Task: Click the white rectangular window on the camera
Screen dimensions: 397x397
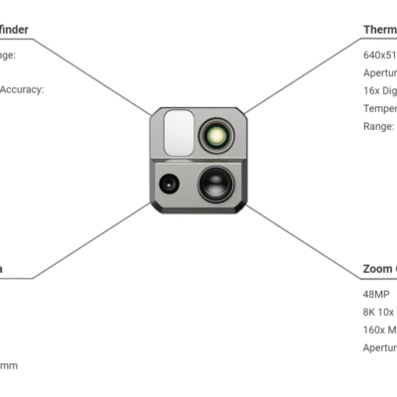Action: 179,131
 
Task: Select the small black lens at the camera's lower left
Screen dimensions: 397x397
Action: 168,184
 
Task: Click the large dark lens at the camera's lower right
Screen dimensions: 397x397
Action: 215,183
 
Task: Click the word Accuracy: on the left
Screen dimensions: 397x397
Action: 21,89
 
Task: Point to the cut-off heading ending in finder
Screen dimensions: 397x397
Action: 14,30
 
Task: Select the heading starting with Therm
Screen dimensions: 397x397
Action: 380,30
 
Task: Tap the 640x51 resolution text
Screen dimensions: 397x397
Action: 380,55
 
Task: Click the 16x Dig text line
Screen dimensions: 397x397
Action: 380,90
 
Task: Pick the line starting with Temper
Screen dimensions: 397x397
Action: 380,108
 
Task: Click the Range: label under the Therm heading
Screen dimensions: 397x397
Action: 379,126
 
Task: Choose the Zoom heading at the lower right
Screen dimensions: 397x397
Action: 379,269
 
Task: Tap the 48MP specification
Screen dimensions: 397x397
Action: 376,294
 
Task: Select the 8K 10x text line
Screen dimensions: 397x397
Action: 379,312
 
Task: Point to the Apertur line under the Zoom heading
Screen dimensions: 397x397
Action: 380,347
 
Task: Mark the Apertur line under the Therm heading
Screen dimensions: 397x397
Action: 380,72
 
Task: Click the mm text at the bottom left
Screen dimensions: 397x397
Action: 9,366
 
